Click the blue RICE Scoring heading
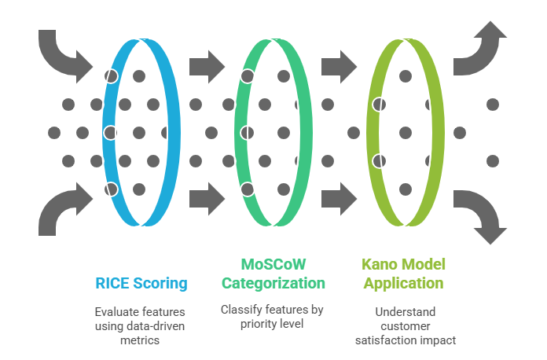[141, 283]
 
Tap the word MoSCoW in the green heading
[273, 264]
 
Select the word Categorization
[273, 283]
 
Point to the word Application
[404, 283]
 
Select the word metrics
[140, 340]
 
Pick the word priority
[257, 324]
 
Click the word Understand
[406, 311]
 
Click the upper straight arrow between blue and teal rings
[207, 67]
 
